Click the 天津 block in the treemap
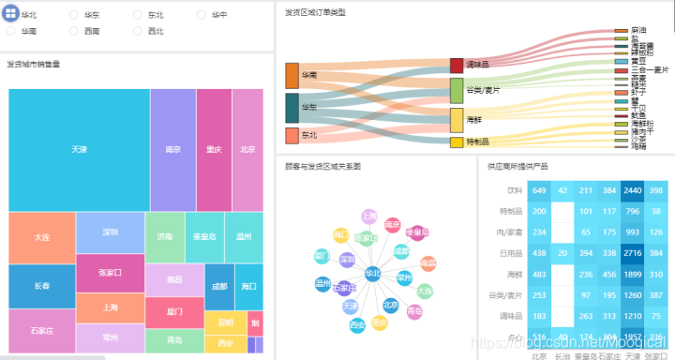coord(79,150)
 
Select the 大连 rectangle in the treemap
coord(42,238)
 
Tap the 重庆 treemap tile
coord(214,150)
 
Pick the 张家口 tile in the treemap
coord(111,273)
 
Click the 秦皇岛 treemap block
coord(204,237)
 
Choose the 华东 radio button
coord(74,16)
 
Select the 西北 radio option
coord(138,31)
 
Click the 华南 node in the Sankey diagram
coord(292,76)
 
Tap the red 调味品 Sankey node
coord(457,65)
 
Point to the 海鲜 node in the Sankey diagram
coord(457,119)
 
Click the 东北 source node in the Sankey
coord(292,136)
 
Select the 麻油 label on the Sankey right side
coord(638,31)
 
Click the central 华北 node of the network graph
coord(372,274)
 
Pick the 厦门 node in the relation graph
coord(321,256)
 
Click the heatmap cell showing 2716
coord(632,253)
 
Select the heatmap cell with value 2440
coord(632,191)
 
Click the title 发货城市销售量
coord(34,65)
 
